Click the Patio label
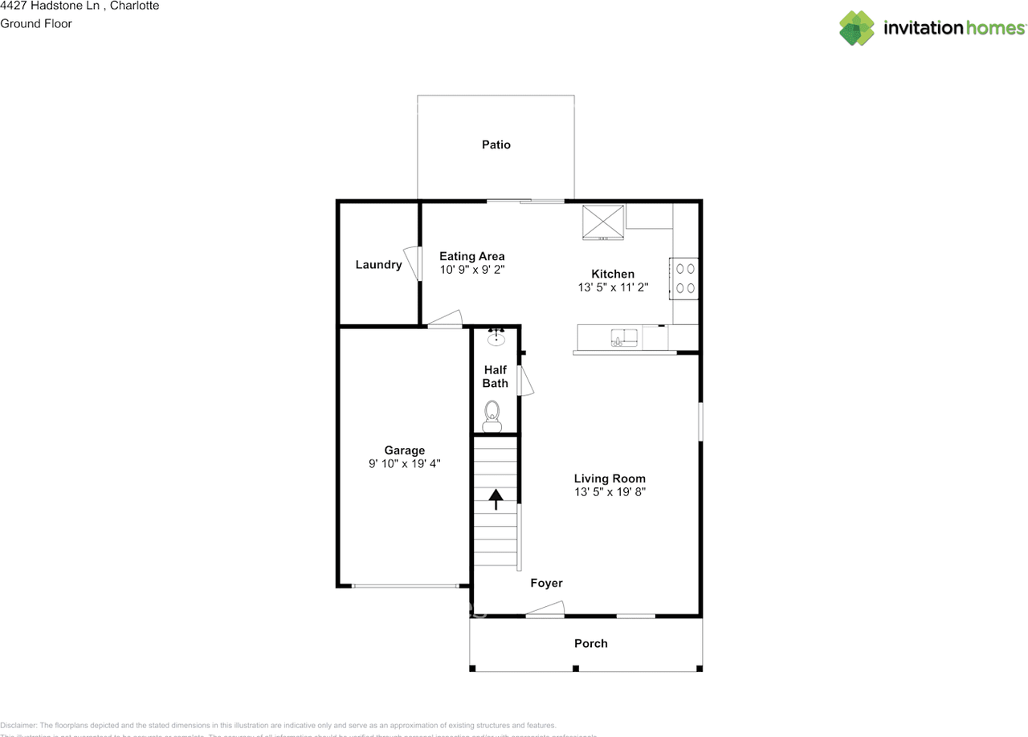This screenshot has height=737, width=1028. click(x=496, y=145)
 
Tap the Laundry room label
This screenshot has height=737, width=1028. click(x=378, y=265)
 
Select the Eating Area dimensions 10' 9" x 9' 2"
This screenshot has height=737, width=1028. click(x=471, y=271)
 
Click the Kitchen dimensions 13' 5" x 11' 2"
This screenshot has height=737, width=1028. click(x=613, y=287)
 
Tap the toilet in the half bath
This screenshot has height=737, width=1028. click(x=492, y=416)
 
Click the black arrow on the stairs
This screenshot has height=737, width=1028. click(x=496, y=499)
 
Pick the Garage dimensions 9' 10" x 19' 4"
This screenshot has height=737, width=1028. click(x=404, y=463)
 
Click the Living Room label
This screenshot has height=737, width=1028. click(x=610, y=478)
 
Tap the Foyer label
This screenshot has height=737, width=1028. click(x=546, y=583)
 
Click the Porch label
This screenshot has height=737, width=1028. click(x=590, y=643)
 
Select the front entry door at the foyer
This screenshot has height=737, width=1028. click(x=546, y=610)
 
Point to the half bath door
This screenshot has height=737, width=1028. click(x=525, y=381)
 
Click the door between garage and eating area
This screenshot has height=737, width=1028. click(x=445, y=320)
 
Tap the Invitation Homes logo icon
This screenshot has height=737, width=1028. click(x=857, y=28)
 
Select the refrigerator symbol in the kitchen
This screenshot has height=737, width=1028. click(x=603, y=222)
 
